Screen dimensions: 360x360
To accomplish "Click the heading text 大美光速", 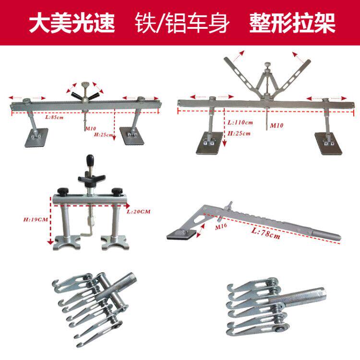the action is (72, 23).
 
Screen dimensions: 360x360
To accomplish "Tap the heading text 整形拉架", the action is (292, 23).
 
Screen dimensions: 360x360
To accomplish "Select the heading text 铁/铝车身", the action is (182, 23).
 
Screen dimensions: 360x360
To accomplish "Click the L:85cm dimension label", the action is (54, 117).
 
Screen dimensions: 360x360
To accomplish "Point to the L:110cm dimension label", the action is (240, 122).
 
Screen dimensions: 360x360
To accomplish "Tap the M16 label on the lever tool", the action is (221, 227).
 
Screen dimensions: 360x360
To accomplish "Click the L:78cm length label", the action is (266, 233).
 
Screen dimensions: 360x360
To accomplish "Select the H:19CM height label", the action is (36, 219).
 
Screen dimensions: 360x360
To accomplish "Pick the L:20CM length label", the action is (138, 212).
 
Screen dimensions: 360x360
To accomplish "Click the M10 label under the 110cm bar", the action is (276, 125).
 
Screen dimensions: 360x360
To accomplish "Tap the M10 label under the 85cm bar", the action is (91, 128).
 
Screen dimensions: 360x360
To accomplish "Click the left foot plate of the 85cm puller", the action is (36, 138).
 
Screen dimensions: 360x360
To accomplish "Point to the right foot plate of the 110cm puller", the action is (328, 144).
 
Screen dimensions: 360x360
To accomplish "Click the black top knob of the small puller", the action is (90, 159).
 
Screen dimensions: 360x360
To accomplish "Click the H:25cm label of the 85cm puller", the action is (104, 134).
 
